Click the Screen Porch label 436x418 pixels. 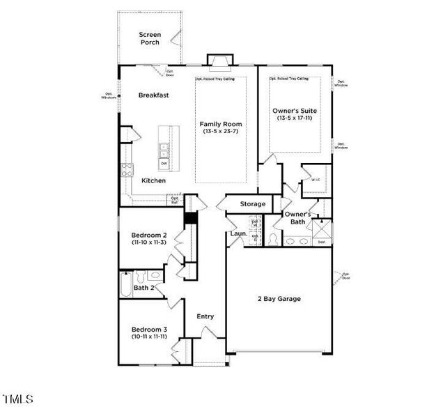(149, 38)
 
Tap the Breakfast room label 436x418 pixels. (154, 95)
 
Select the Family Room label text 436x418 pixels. (220, 123)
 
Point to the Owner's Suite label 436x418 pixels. (294, 110)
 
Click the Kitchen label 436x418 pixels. (153, 180)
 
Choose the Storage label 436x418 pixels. (253, 203)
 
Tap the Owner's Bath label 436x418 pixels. (298, 217)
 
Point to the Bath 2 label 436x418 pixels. (143, 287)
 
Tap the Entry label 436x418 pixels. (205, 316)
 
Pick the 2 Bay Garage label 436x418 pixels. (278, 299)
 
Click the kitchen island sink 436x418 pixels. (163, 148)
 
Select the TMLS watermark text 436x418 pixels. (18, 399)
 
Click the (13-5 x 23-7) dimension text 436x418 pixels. (220, 131)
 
